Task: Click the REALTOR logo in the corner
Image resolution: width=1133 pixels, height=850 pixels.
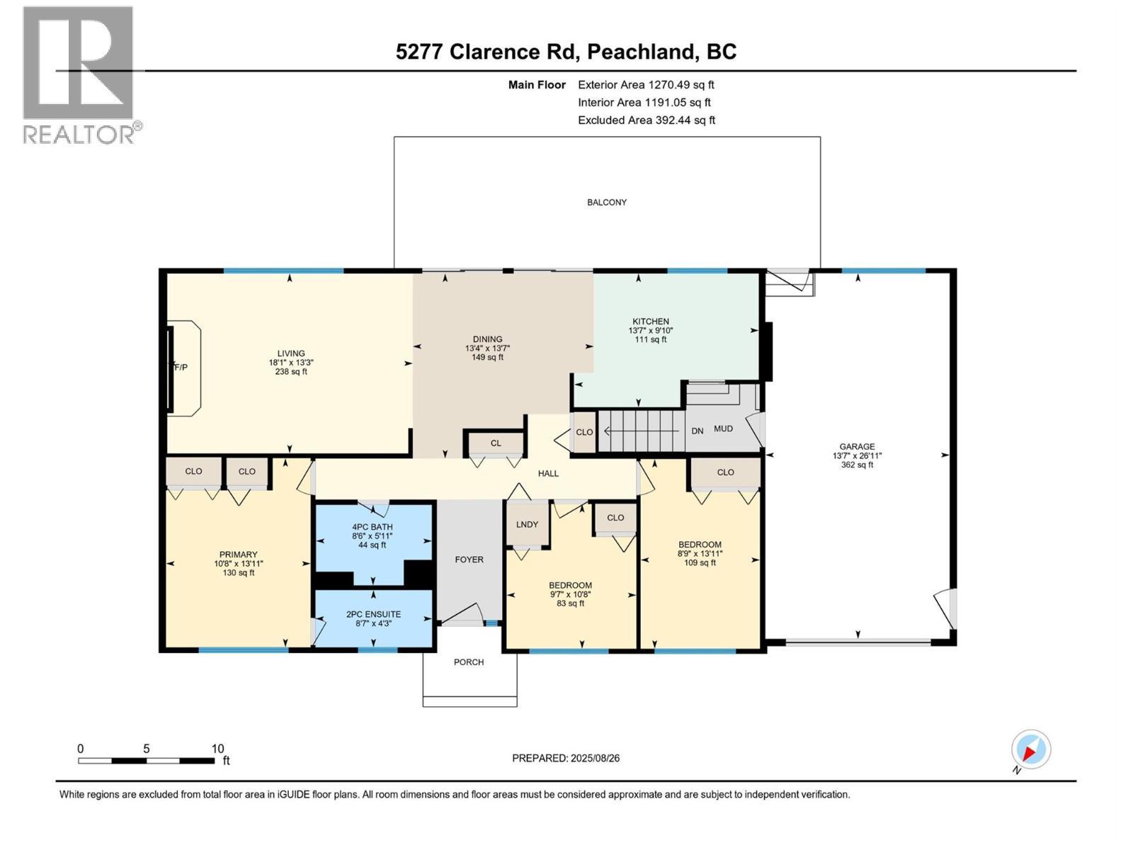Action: pos(79,74)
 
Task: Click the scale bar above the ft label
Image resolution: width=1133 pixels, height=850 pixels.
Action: pos(146,761)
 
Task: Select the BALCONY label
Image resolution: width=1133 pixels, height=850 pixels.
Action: pos(607,203)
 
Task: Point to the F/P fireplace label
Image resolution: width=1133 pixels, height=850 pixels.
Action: pos(181,367)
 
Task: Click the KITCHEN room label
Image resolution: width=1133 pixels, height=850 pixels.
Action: pos(651,322)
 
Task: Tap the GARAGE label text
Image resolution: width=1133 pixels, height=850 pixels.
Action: pos(857,447)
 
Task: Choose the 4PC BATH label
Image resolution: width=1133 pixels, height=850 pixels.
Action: pos(372,527)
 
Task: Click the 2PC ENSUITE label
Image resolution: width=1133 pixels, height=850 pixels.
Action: pos(373,614)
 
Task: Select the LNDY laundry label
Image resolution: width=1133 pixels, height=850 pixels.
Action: pos(527,525)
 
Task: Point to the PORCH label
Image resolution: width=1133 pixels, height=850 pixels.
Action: pos(469,662)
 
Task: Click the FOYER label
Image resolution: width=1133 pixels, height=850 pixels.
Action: pos(469,560)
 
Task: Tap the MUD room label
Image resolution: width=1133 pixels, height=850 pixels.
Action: pos(723,429)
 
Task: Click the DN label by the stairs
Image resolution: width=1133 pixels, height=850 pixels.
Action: pos(697,431)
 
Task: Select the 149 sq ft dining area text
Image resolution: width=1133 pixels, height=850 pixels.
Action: pos(487,358)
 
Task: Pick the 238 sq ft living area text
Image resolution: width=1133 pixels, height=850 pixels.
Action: pos(291,371)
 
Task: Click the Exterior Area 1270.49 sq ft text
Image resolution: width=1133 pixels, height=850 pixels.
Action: pos(646,85)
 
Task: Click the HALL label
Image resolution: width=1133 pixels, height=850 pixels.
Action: pos(548,474)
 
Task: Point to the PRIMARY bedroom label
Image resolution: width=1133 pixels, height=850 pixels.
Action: pos(238,555)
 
